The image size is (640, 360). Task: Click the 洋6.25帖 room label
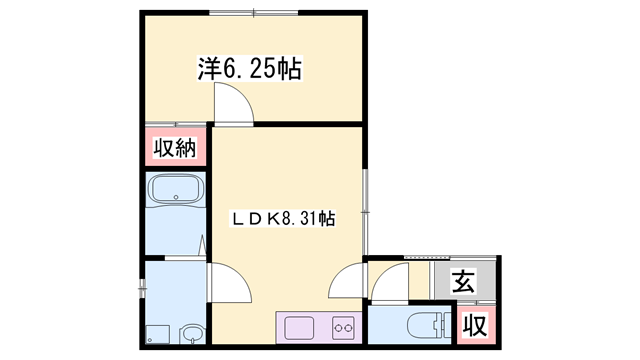click(250, 68)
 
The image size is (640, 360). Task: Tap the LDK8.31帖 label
click(284, 219)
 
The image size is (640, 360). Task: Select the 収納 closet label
click(175, 147)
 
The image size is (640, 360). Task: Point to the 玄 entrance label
click(464, 281)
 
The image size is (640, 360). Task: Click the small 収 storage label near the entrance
click(476, 325)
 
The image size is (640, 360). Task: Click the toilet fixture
click(429, 325)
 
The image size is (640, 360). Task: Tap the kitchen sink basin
click(299, 328)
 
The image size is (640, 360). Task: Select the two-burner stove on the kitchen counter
click(343, 328)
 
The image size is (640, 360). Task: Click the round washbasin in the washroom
click(192, 334)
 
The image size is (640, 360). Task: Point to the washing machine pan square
click(158, 334)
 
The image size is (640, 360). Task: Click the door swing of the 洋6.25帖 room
click(234, 102)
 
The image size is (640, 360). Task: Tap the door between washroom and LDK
click(229, 283)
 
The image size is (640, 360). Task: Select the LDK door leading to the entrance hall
click(347, 280)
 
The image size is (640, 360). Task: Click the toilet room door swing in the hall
click(390, 282)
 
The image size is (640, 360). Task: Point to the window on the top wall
click(254, 13)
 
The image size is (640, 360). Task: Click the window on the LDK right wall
click(366, 212)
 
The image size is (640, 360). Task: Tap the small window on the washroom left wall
click(142, 289)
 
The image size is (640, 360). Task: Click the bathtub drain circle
click(176, 197)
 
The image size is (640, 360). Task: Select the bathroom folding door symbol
click(202, 246)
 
